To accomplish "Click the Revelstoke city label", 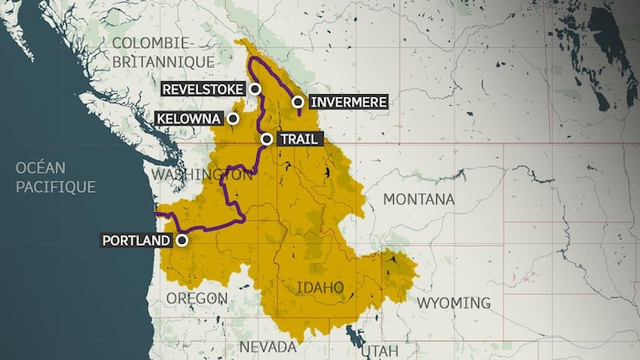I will [x=204, y=89].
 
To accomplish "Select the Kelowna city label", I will [x=188, y=119].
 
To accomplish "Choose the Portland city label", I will [x=137, y=241].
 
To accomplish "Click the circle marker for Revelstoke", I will [x=255, y=89].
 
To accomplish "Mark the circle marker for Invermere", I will [x=298, y=102].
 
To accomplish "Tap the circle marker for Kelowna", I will [x=233, y=119].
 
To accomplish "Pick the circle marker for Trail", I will [x=266, y=139].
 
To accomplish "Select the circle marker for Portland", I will [x=182, y=241].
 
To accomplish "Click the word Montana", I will [x=418, y=199].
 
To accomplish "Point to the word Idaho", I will [x=320, y=288].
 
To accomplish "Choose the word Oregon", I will [x=197, y=299].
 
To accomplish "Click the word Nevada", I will [x=267, y=347].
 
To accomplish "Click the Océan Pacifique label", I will [x=55, y=176].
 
